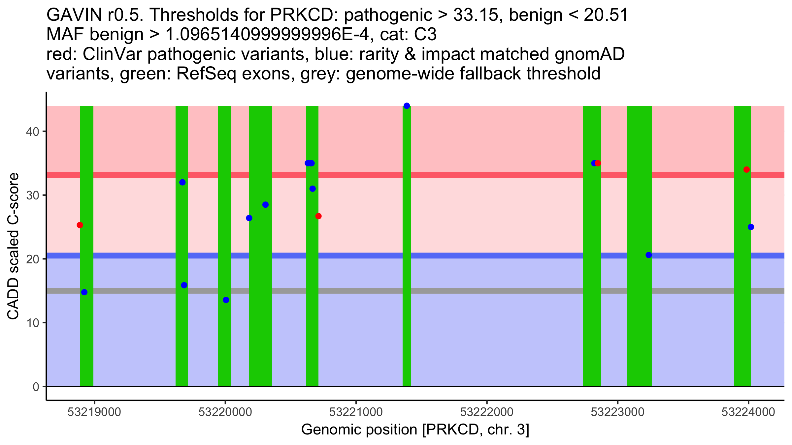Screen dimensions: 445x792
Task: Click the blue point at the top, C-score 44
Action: pos(407,106)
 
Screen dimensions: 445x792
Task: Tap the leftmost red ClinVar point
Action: pos(80,225)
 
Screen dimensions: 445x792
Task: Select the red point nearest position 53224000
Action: pos(746,170)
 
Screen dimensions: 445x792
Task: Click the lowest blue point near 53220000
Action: pos(226,300)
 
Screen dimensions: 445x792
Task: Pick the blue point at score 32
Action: pos(182,182)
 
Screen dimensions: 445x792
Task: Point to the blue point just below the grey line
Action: pos(84,292)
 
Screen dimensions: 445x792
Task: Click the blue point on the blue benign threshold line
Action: pos(649,255)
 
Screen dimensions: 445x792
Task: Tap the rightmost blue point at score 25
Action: pos(751,227)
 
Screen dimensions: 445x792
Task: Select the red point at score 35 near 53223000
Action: pos(598,163)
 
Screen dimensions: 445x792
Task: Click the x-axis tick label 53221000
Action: pos(356,412)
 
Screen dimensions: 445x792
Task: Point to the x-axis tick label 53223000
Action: pos(617,412)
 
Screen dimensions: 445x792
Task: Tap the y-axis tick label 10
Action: pos(32,323)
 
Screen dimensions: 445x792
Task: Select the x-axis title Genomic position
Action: pos(415,430)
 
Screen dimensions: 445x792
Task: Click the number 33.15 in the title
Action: pos(476,15)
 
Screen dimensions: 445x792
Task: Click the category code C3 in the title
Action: pos(426,35)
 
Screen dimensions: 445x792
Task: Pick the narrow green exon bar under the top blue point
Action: pos(407,247)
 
